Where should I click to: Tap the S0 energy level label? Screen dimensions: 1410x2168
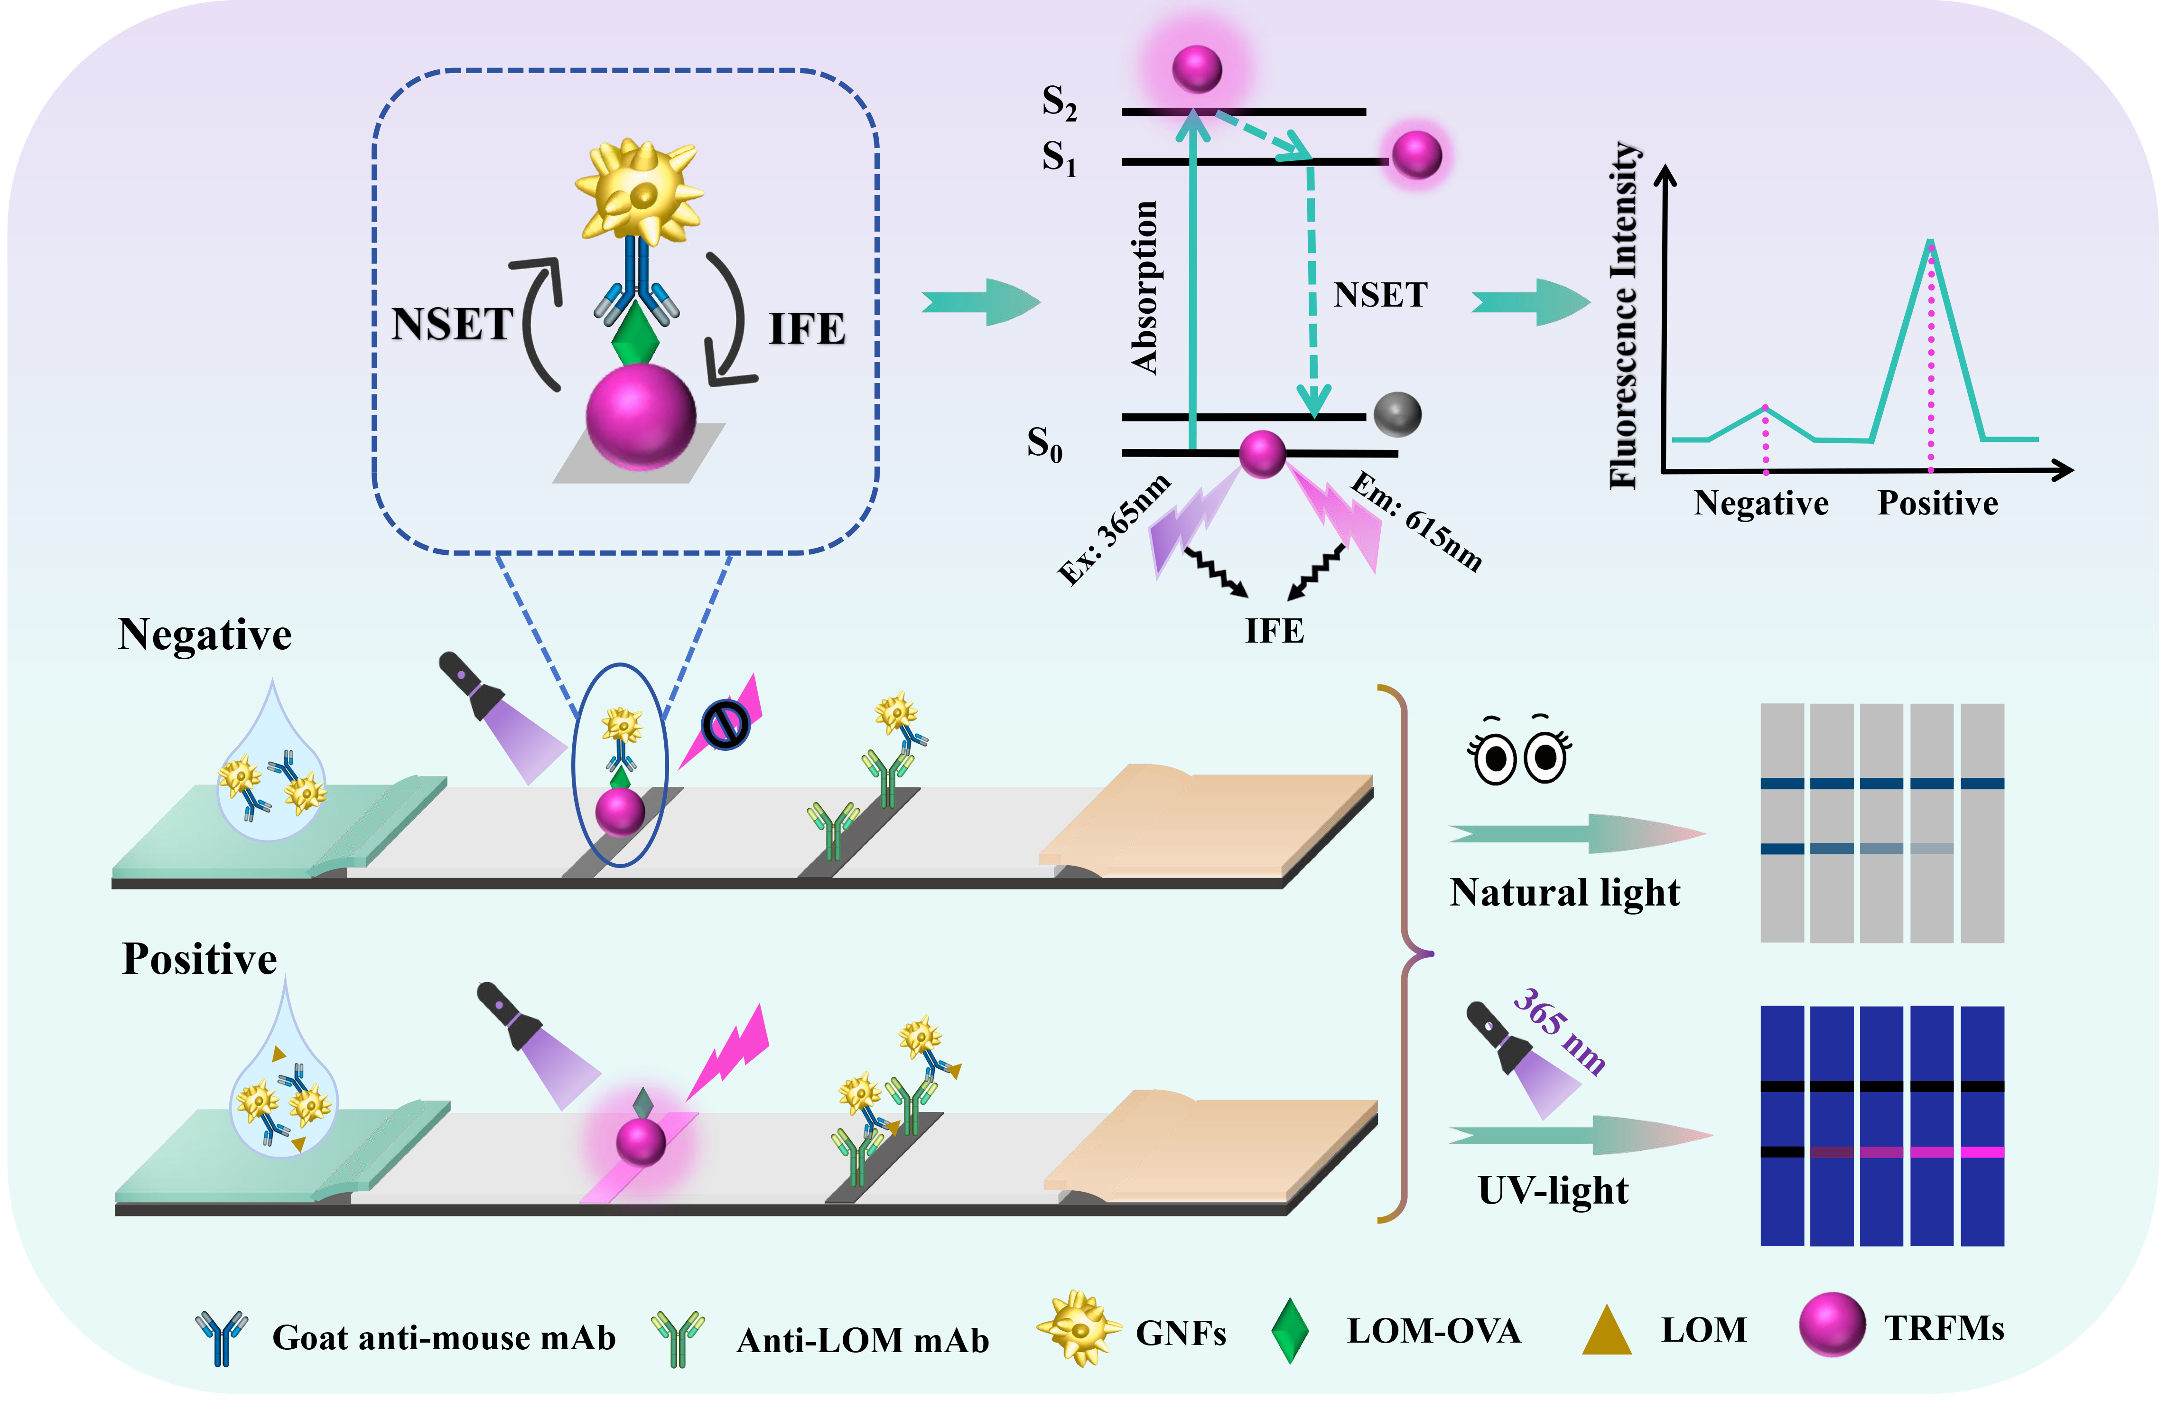pos(1044,445)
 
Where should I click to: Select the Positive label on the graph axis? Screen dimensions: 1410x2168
pos(1937,503)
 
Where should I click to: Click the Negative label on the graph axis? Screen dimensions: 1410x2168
pos(1761,503)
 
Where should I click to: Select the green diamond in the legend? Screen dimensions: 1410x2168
pos(1290,1331)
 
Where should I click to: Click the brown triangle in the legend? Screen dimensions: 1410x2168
pos(1607,1331)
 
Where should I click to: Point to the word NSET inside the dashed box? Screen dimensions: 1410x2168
pos(452,324)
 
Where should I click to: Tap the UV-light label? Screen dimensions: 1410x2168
pos(1552,1190)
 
